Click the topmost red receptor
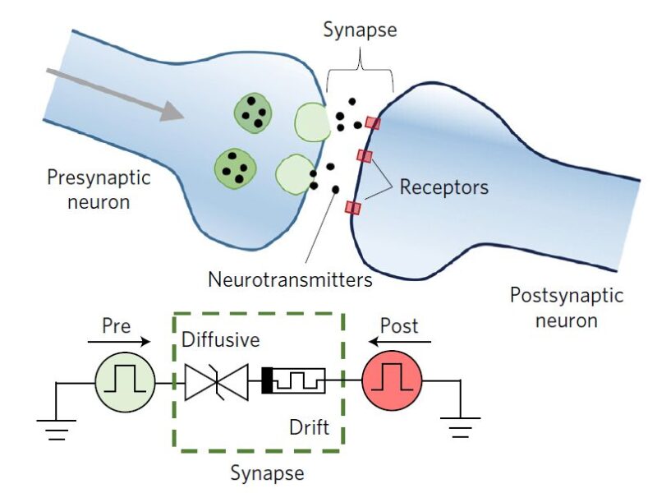click(x=372, y=122)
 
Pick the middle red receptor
click(x=365, y=156)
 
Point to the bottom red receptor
click(x=353, y=207)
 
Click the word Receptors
click(x=443, y=187)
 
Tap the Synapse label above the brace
click(x=359, y=30)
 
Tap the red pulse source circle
click(x=392, y=381)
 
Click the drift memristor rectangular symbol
click(x=293, y=381)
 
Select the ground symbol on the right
click(x=460, y=426)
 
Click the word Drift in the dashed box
click(x=306, y=428)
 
